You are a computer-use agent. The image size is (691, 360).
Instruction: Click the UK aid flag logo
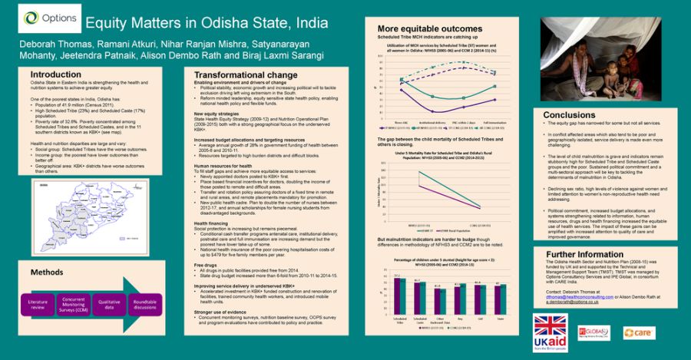pyautogui.click(x=550, y=332)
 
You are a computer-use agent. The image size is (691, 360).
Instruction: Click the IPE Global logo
pyautogui.click(x=594, y=332)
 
